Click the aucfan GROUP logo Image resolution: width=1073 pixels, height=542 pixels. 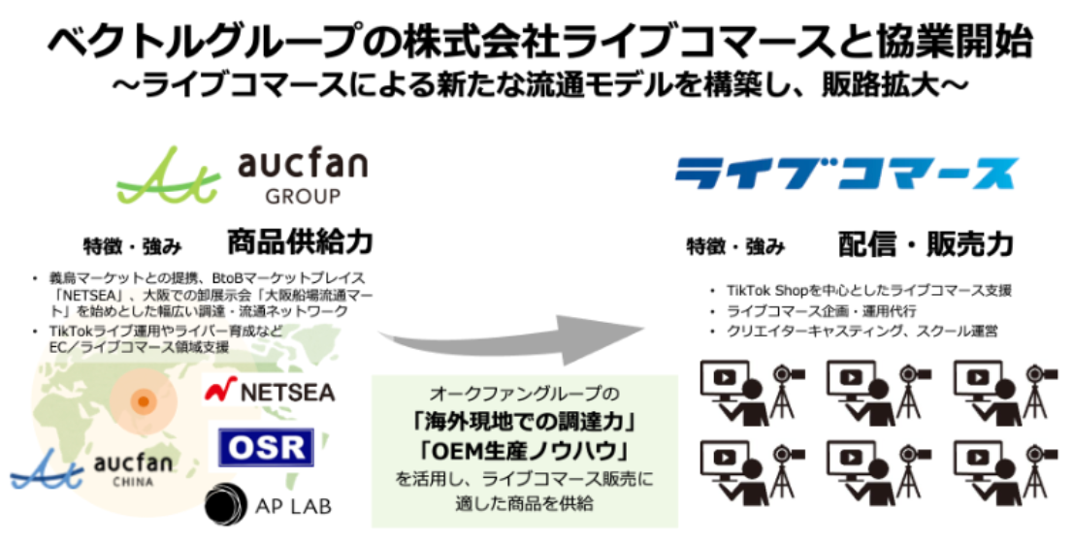click(243, 175)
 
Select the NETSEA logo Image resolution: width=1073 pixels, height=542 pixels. click(270, 391)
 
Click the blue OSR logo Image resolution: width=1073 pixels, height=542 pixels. click(264, 446)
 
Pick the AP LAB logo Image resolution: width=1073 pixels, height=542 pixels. click(267, 505)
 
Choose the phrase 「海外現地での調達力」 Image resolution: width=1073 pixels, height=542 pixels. click(523, 423)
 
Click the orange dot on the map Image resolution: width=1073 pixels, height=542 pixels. click(142, 400)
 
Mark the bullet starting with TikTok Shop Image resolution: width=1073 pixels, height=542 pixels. click(867, 291)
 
